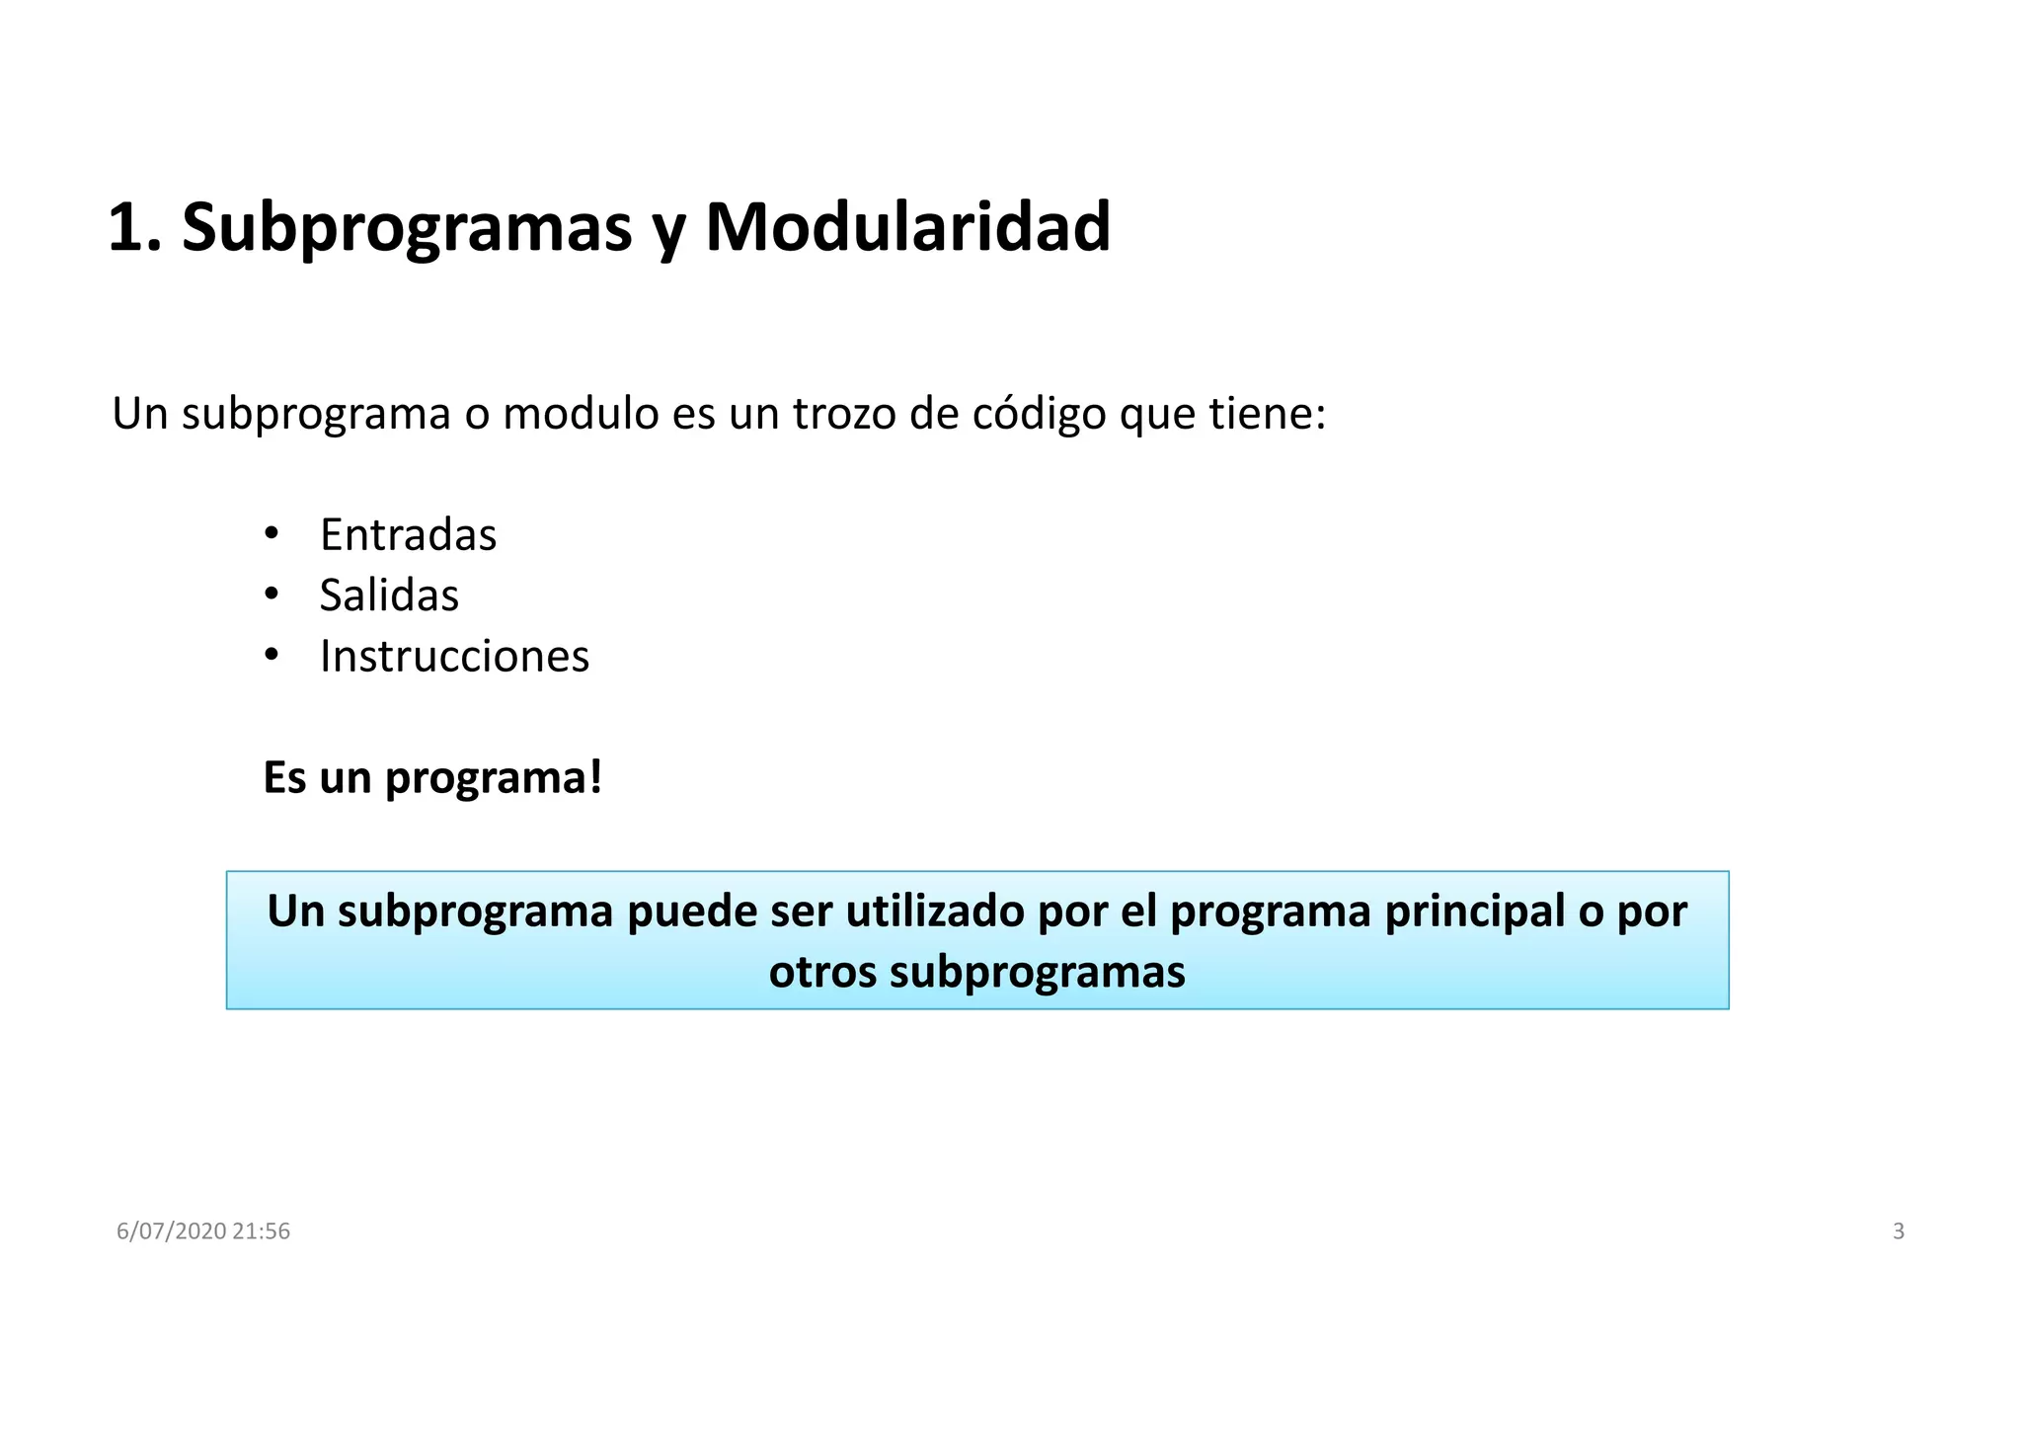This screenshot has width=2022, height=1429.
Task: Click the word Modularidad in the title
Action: (x=907, y=228)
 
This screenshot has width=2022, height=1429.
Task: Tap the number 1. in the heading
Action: (x=133, y=228)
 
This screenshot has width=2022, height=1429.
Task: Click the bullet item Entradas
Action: (x=408, y=535)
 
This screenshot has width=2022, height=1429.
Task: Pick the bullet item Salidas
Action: (x=389, y=595)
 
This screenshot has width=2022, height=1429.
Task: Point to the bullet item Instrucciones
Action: (x=454, y=657)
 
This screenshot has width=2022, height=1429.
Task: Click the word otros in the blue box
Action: (x=822, y=972)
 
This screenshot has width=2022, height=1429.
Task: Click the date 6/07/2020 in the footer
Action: (x=171, y=1231)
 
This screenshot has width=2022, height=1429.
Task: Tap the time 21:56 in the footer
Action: (x=262, y=1231)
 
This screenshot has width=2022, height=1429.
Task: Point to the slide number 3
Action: (x=1898, y=1231)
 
